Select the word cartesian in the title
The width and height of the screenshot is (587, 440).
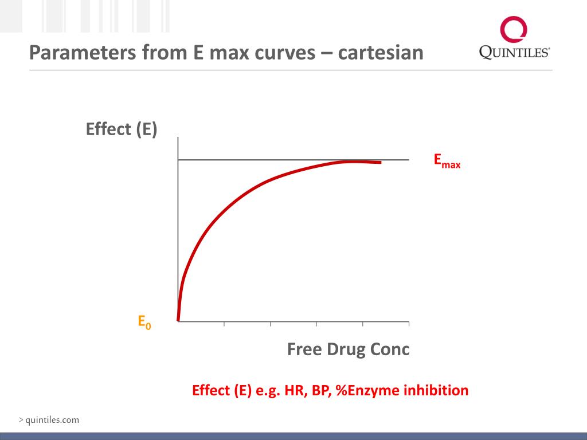[x=381, y=53]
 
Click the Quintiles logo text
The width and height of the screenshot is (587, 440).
[x=514, y=52]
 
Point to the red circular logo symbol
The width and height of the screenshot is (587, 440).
[x=513, y=29]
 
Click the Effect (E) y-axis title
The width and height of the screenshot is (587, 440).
[x=122, y=129]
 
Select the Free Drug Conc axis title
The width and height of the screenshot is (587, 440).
[x=348, y=349]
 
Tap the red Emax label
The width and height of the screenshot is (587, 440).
[x=447, y=161]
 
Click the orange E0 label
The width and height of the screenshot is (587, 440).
[x=144, y=322]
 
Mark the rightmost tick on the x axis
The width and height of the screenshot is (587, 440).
[x=409, y=324]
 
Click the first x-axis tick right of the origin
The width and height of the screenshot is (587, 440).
[x=224, y=324]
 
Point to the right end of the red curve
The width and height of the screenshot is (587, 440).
[x=380, y=163]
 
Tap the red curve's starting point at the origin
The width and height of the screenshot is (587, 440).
[x=179, y=320]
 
